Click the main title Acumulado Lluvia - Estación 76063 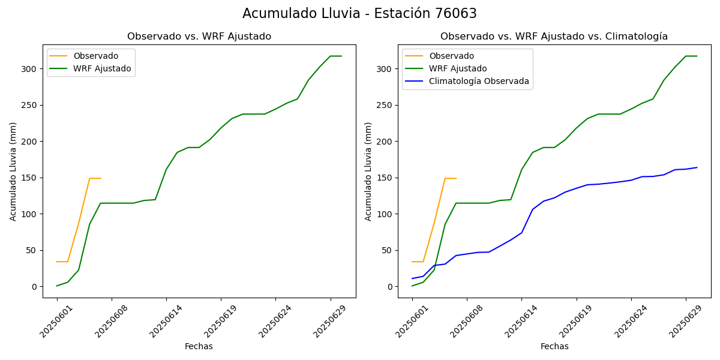coord(359,13)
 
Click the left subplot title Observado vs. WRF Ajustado coord(199,37)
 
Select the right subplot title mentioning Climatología coord(554,37)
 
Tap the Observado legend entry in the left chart coord(96,56)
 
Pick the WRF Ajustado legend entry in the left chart coord(102,68)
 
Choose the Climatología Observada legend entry coord(479,81)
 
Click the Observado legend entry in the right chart coord(451,56)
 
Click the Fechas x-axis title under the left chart coord(199,346)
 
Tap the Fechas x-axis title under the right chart coord(554,346)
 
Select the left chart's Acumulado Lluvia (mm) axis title coord(13,171)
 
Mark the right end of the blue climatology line coord(697,167)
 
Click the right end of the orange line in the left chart coord(101,178)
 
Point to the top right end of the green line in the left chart coord(341,56)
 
